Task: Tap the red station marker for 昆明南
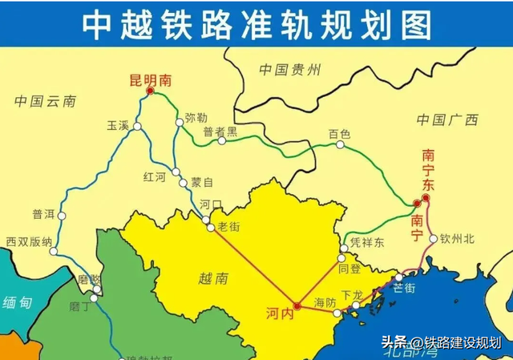point(151,92)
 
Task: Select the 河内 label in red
point(281,316)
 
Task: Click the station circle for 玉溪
point(138,127)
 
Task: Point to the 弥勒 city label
point(196,117)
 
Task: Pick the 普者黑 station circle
point(222,141)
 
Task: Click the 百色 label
point(340,134)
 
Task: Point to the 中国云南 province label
point(45,101)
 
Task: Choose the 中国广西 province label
point(446,119)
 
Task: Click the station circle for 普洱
point(62,215)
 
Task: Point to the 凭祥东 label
point(368,242)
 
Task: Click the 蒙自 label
point(202,182)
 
